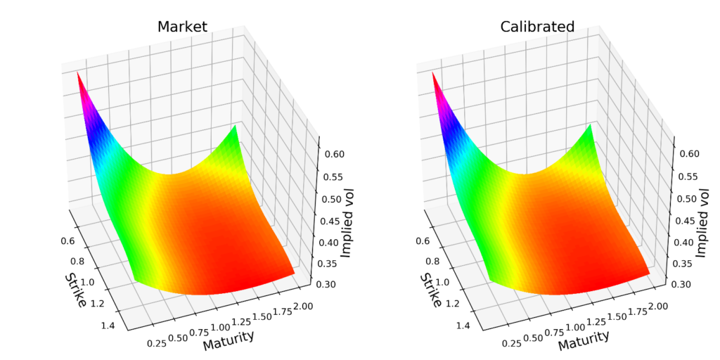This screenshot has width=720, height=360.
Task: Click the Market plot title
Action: click(x=182, y=27)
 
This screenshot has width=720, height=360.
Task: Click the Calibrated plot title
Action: click(x=537, y=27)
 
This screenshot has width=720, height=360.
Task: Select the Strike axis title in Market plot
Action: click(x=75, y=289)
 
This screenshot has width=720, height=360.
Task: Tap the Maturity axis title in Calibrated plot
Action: click(x=584, y=340)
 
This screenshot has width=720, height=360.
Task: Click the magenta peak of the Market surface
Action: click(x=79, y=75)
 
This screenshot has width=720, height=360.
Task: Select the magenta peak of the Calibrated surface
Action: click(x=434, y=75)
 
